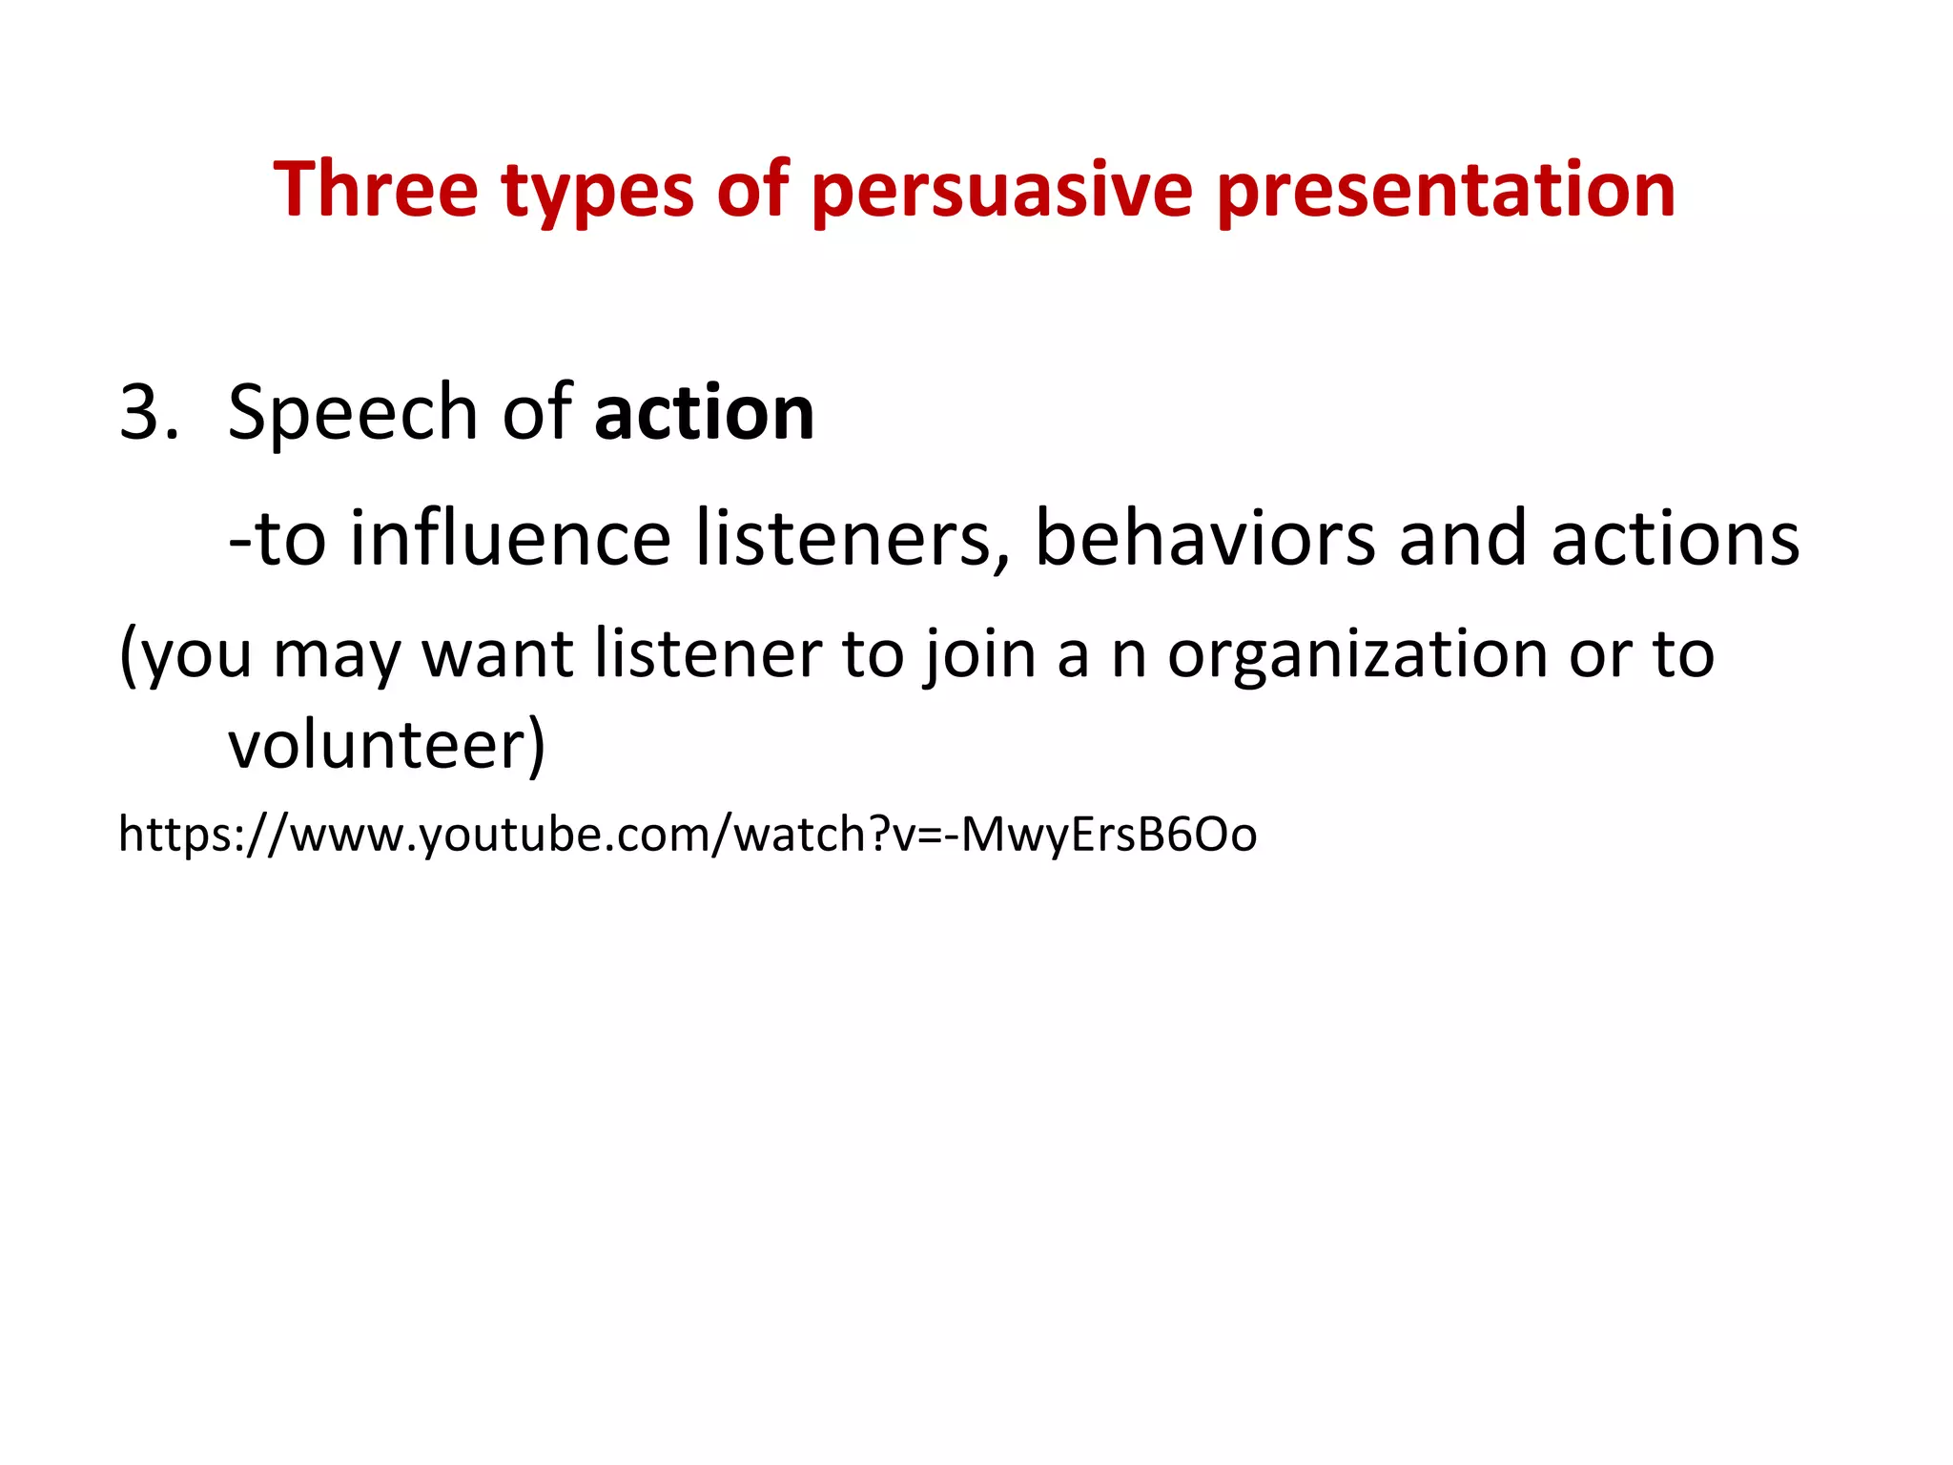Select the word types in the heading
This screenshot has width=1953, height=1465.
pyautogui.click(x=597, y=191)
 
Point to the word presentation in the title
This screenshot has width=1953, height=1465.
pyautogui.click(x=1446, y=191)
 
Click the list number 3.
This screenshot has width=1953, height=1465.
pyautogui.click(x=147, y=412)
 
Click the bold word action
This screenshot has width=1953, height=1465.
pyautogui.click(x=704, y=412)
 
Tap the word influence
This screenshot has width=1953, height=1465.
pyautogui.click(x=510, y=538)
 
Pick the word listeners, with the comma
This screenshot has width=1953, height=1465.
pyautogui.click(x=852, y=538)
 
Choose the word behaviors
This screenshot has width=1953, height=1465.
pyautogui.click(x=1204, y=538)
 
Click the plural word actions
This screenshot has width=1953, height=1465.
pyautogui.click(x=1675, y=538)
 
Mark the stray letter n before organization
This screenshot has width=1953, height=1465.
pyautogui.click(x=1128, y=656)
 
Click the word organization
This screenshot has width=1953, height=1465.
pyautogui.click(x=1355, y=656)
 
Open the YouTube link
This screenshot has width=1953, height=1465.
pyautogui.click(x=687, y=835)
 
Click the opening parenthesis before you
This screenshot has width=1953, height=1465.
pyautogui.click(x=129, y=656)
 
